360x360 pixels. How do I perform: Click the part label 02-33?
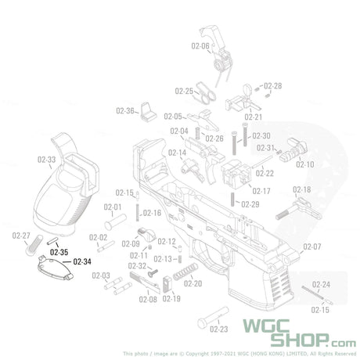tap(46, 159)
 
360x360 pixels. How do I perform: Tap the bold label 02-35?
tap(59, 252)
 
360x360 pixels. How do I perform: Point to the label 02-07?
tap(311, 247)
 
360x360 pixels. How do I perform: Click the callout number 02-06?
tap(200, 46)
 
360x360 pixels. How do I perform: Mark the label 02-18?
tap(301, 190)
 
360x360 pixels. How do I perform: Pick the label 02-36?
tap(125, 110)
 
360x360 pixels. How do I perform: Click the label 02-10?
tap(304, 164)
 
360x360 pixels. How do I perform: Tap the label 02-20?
tap(193, 283)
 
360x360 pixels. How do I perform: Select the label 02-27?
tap(22, 236)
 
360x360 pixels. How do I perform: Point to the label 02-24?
tap(321, 284)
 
